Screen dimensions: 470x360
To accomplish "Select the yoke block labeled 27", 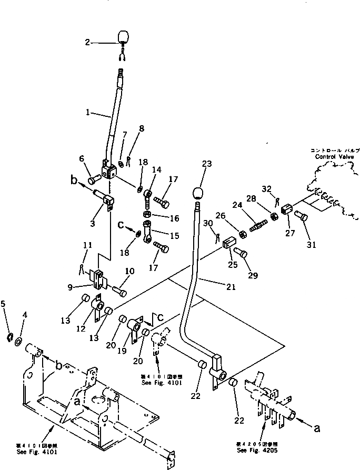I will [287, 209].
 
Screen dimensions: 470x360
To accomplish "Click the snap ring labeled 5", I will [11, 336].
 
